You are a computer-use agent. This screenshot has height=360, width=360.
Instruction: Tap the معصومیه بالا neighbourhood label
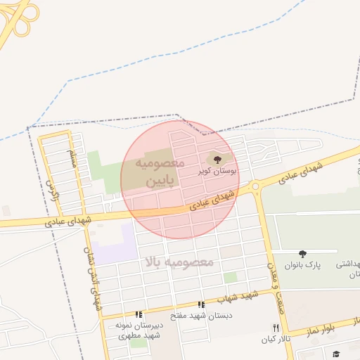point(179,262)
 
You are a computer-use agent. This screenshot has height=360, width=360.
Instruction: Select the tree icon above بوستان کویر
point(217,160)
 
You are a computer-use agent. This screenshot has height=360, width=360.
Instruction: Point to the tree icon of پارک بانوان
point(302,254)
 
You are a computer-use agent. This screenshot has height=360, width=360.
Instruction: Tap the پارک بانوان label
point(302,265)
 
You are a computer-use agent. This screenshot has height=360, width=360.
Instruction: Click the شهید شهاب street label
point(232,299)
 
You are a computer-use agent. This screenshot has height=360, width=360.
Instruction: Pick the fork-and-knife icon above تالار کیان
point(276,328)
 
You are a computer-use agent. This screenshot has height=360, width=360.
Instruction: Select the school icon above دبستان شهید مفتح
point(201,305)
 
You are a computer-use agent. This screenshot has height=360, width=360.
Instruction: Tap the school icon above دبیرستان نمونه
point(139,314)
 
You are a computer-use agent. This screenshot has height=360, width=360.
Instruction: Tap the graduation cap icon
point(336,353)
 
